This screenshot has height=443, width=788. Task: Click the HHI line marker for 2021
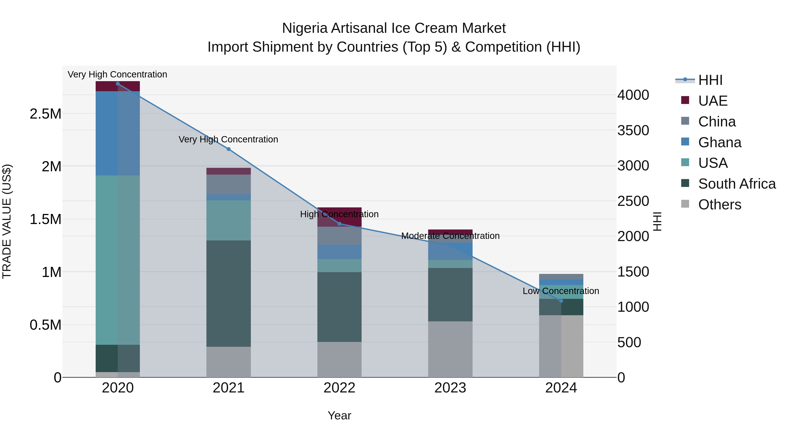click(229, 149)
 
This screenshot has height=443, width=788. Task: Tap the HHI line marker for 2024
click(561, 301)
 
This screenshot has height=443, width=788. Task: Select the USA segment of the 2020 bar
click(118, 260)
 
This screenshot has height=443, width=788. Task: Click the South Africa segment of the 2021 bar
click(229, 294)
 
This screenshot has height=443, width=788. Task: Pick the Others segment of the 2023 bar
click(450, 349)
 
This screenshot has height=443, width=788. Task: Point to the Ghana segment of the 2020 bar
click(118, 133)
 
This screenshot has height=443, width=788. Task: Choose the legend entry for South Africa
click(737, 184)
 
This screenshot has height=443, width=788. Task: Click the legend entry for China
click(716, 122)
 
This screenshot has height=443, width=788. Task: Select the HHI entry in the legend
click(710, 80)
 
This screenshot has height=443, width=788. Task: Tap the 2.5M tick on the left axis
click(45, 114)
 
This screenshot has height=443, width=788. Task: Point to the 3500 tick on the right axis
click(633, 131)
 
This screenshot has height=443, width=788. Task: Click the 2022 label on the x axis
click(339, 388)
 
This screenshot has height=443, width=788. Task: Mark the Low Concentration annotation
click(561, 291)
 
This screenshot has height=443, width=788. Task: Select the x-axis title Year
click(339, 415)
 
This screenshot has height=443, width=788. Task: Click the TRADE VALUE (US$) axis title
click(7, 221)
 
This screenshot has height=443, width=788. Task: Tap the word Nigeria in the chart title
click(305, 28)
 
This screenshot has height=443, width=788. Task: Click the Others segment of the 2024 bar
click(561, 346)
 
